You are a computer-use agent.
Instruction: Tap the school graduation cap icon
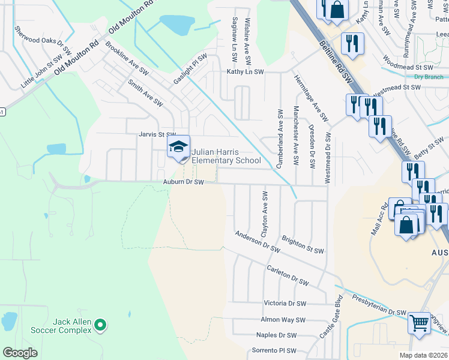tap(178, 147)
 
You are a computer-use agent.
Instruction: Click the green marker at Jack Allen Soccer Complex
tap(100, 326)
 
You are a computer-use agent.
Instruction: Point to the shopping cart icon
tap(419, 323)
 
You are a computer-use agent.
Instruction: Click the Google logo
tap(20, 353)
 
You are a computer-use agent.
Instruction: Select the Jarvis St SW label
tap(157, 135)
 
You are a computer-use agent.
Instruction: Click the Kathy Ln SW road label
tap(245, 71)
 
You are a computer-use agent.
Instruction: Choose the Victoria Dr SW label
tap(285, 304)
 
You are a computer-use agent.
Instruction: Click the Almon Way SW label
tap(283, 320)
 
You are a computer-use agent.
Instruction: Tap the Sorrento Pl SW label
tap(274, 350)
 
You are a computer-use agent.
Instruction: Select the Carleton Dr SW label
tap(288, 275)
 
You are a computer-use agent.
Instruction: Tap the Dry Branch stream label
tap(429, 77)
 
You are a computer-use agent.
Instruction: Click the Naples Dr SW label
tap(276, 335)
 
